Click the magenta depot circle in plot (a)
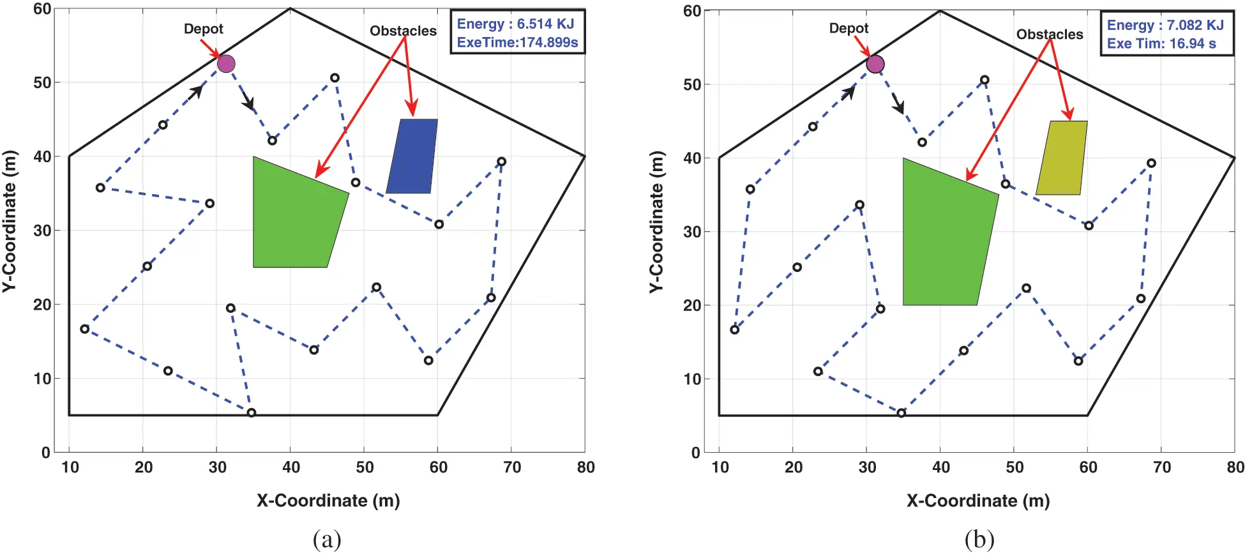point(226,64)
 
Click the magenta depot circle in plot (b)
point(875,64)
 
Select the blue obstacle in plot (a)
point(412,156)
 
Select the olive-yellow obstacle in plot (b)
point(1062,158)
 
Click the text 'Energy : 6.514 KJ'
point(515,24)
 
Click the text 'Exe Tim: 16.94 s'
point(1161,44)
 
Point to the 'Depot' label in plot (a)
point(203,29)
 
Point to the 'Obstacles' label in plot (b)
point(1050,34)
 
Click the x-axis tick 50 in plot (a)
point(365,467)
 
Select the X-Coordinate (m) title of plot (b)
point(978,501)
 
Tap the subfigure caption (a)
point(327,540)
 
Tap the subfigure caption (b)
point(979,540)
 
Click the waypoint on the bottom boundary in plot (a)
point(252,413)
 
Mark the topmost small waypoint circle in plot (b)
point(985,80)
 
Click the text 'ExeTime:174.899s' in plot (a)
point(517,43)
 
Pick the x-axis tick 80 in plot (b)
point(1235,467)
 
